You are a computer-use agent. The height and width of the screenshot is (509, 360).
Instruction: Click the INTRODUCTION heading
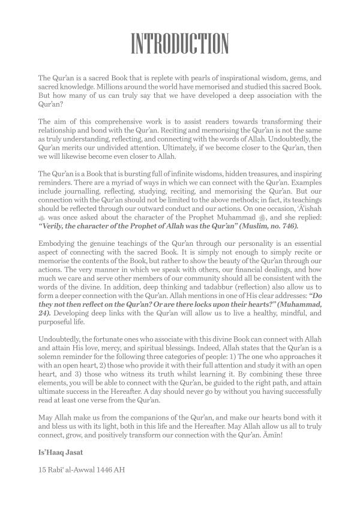180,44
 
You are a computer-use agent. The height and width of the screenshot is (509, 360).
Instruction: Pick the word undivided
120,147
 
